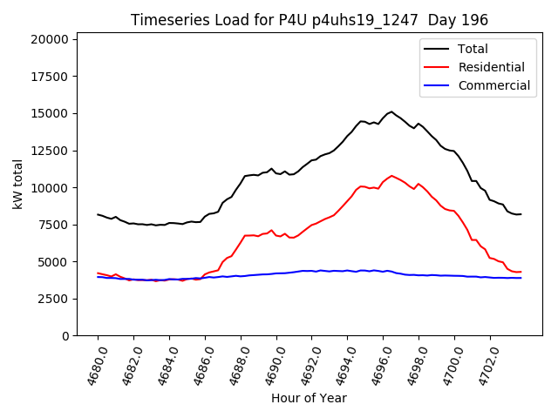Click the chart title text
click(310, 19)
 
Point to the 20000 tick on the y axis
click(48, 39)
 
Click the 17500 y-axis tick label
click(48, 77)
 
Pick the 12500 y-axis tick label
click(48, 151)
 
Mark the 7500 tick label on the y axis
click(51, 225)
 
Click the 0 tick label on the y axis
click(66, 336)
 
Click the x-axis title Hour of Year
click(310, 398)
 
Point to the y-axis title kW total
click(18, 184)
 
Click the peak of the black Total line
click(391, 111)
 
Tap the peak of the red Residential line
click(391, 175)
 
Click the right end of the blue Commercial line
click(521, 278)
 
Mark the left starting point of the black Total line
click(98, 214)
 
